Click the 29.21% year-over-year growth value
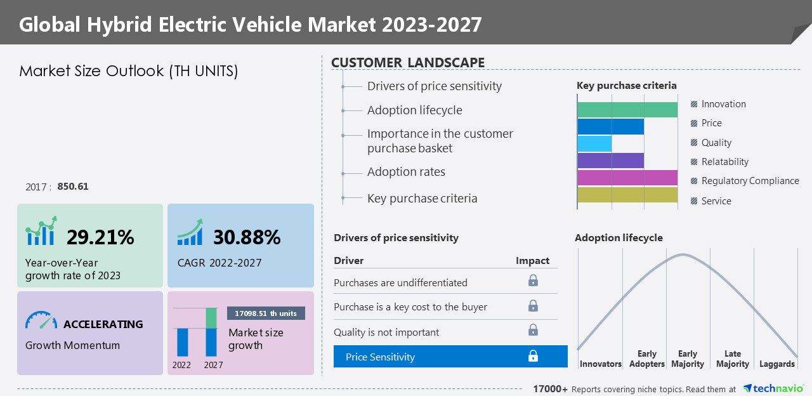[100, 237]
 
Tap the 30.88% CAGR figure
[247, 237]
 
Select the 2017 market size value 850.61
[73, 187]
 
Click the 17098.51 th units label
[266, 313]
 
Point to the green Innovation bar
[627, 110]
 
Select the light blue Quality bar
[594, 143]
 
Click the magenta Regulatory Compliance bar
[627, 178]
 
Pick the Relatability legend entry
[724, 162]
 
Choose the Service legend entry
[716, 201]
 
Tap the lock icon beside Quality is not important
[533, 330]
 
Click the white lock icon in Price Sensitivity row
[533, 357]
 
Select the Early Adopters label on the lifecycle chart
[646, 359]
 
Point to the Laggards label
[776, 364]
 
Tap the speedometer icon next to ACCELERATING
[41, 320]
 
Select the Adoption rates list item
[406, 172]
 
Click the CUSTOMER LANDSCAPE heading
[408, 62]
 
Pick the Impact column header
[532, 261]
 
